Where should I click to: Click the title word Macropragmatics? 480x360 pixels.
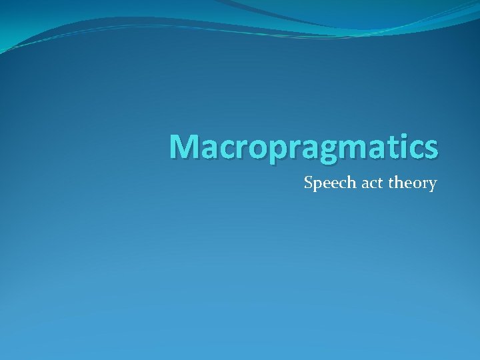pyautogui.click(x=303, y=147)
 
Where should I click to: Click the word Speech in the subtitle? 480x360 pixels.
pyautogui.click(x=325, y=183)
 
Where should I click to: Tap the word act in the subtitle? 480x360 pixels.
pyautogui.click(x=361, y=183)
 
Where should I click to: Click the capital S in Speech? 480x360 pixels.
pyautogui.click(x=308, y=182)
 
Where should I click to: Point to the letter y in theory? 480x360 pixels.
pyautogui.click(x=432, y=185)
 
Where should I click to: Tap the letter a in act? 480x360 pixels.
pyautogui.click(x=354, y=184)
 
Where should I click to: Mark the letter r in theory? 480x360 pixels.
pyautogui.click(x=424, y=184)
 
